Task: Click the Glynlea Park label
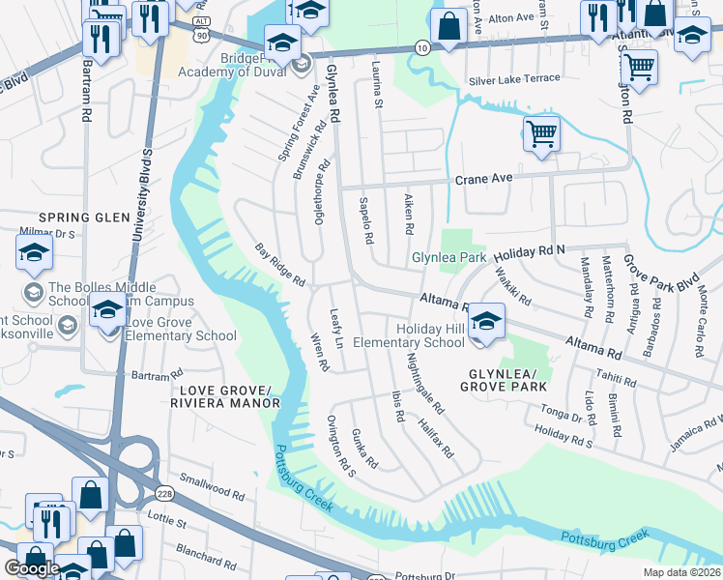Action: click(x=448, y=258)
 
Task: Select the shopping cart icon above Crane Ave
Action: click(x=541, y=133)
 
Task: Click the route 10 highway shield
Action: click(x=422, y=45)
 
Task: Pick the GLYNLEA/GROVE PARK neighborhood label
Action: click(x=504, y=379)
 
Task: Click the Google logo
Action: click(x=32, y=567)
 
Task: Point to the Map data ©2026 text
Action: click(x=682, y=572)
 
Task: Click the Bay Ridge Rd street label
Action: click(x=279, y=265)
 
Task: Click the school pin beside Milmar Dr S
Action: click(x=34, y=254)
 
